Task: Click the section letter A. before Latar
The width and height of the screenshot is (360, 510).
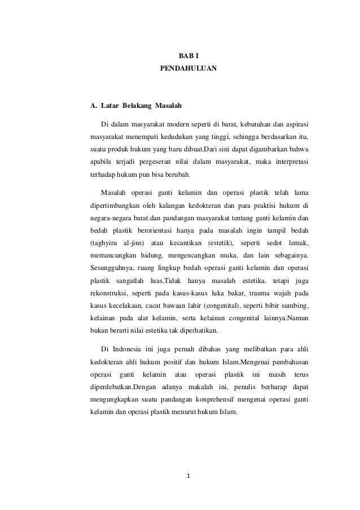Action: coord(94,106)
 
